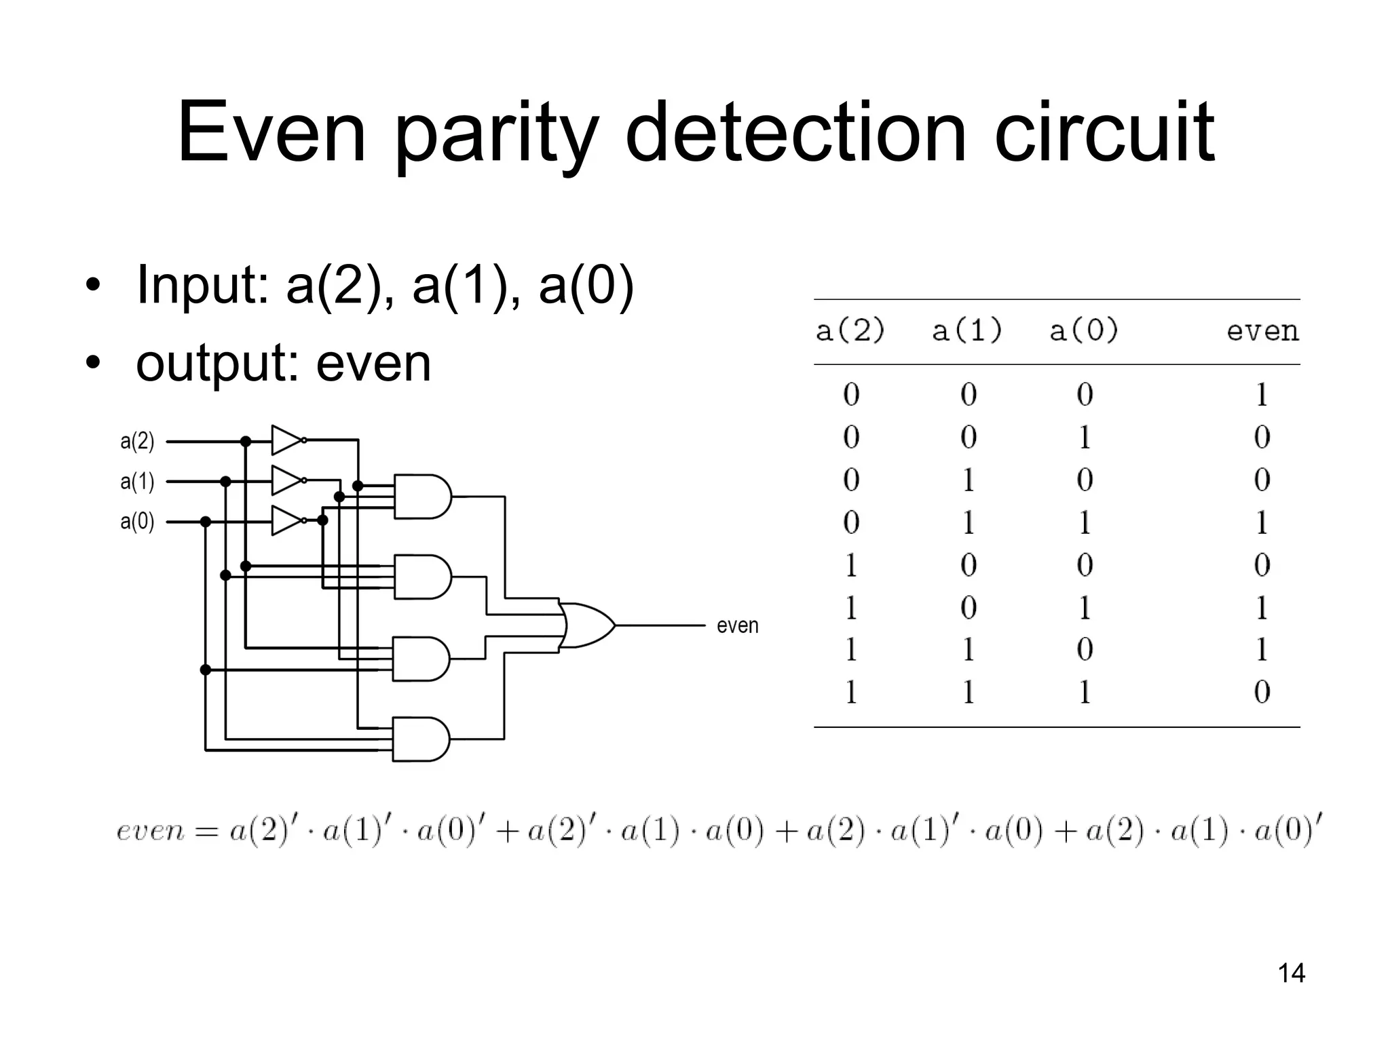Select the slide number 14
(x=1291, y=973)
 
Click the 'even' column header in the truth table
(x=1262, y=331)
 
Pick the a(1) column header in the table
(x=966, y=331)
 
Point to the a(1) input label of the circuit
(x=137, y=482)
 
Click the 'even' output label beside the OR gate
(x=737, y=625)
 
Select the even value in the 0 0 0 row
(x=1261, y=395)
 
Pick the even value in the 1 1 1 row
(x=1261, y=692)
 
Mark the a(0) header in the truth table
(x=1083, y=331)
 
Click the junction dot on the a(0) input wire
(x=206, y=522)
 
